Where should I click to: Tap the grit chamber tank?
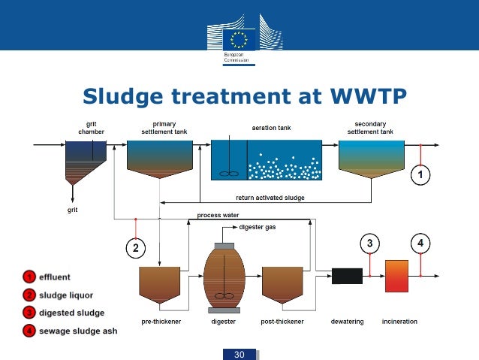click(85, 161)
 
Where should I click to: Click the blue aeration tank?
click(266, 159)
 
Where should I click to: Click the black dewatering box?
click(347, 276)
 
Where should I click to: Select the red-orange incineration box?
click(396, 276)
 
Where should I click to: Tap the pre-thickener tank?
click(160, 284)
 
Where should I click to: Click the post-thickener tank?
click(282, 284)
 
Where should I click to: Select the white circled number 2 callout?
click(134, 246)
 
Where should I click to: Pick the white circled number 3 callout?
click(369, 243)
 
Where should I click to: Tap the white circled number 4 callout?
click(420, 243)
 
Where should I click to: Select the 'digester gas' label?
click(258, 227)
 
